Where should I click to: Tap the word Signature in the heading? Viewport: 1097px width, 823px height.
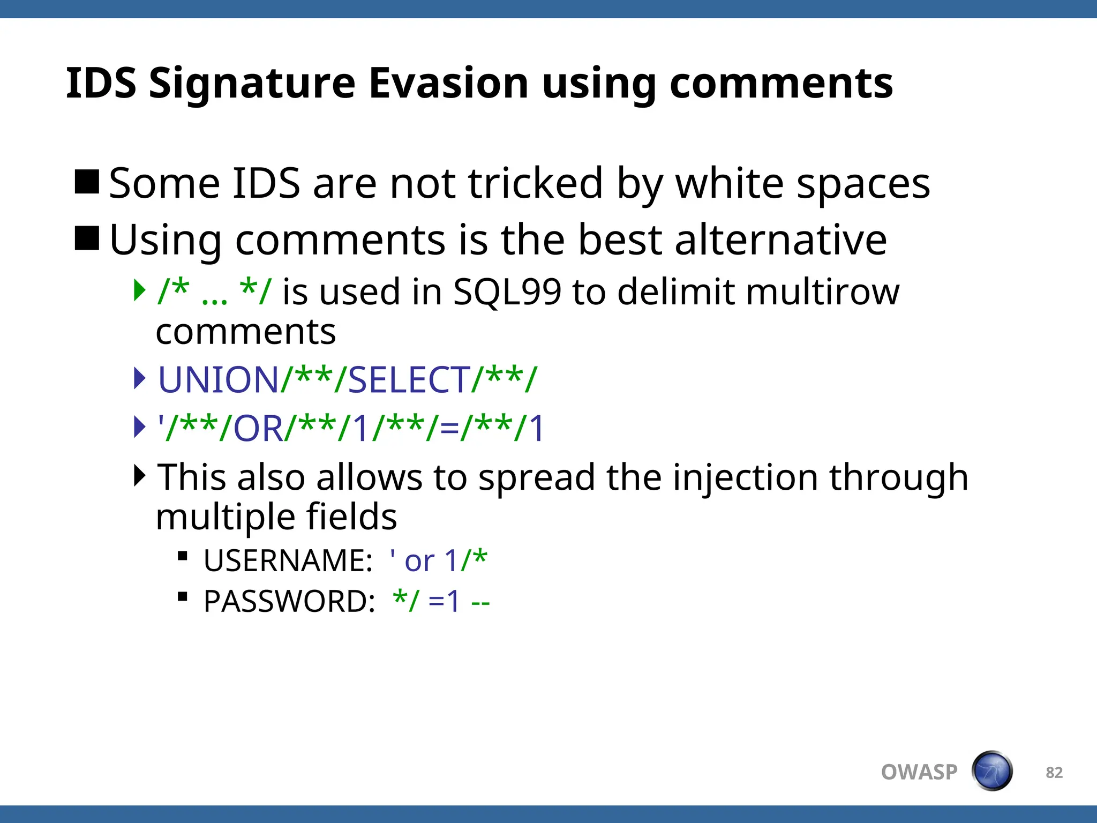coord(252,84)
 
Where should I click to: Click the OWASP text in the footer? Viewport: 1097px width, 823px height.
coord(919,772)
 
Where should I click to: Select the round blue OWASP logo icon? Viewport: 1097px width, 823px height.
coord(992,771)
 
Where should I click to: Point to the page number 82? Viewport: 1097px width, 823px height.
coord(1054,773)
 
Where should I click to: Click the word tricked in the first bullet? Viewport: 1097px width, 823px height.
coord(535,183)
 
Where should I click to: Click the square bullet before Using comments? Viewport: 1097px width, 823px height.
coord(87,238)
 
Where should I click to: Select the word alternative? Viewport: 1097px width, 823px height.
coord(780,240)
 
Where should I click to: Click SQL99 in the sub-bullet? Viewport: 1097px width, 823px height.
coord(507,292)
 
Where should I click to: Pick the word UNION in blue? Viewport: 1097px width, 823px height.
coord(218,380)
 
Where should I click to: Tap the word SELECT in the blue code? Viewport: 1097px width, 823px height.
coord(409,380)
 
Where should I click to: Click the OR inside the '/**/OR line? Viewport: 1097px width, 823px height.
coord(258,429)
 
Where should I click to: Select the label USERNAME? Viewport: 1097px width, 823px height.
coord(288,561)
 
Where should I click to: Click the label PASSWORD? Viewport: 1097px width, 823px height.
coord(289,601)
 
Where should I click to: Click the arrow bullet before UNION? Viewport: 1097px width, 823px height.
coord(139,378)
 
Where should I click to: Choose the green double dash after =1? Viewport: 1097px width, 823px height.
coord(480,603)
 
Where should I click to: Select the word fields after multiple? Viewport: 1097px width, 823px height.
coord(351,517)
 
